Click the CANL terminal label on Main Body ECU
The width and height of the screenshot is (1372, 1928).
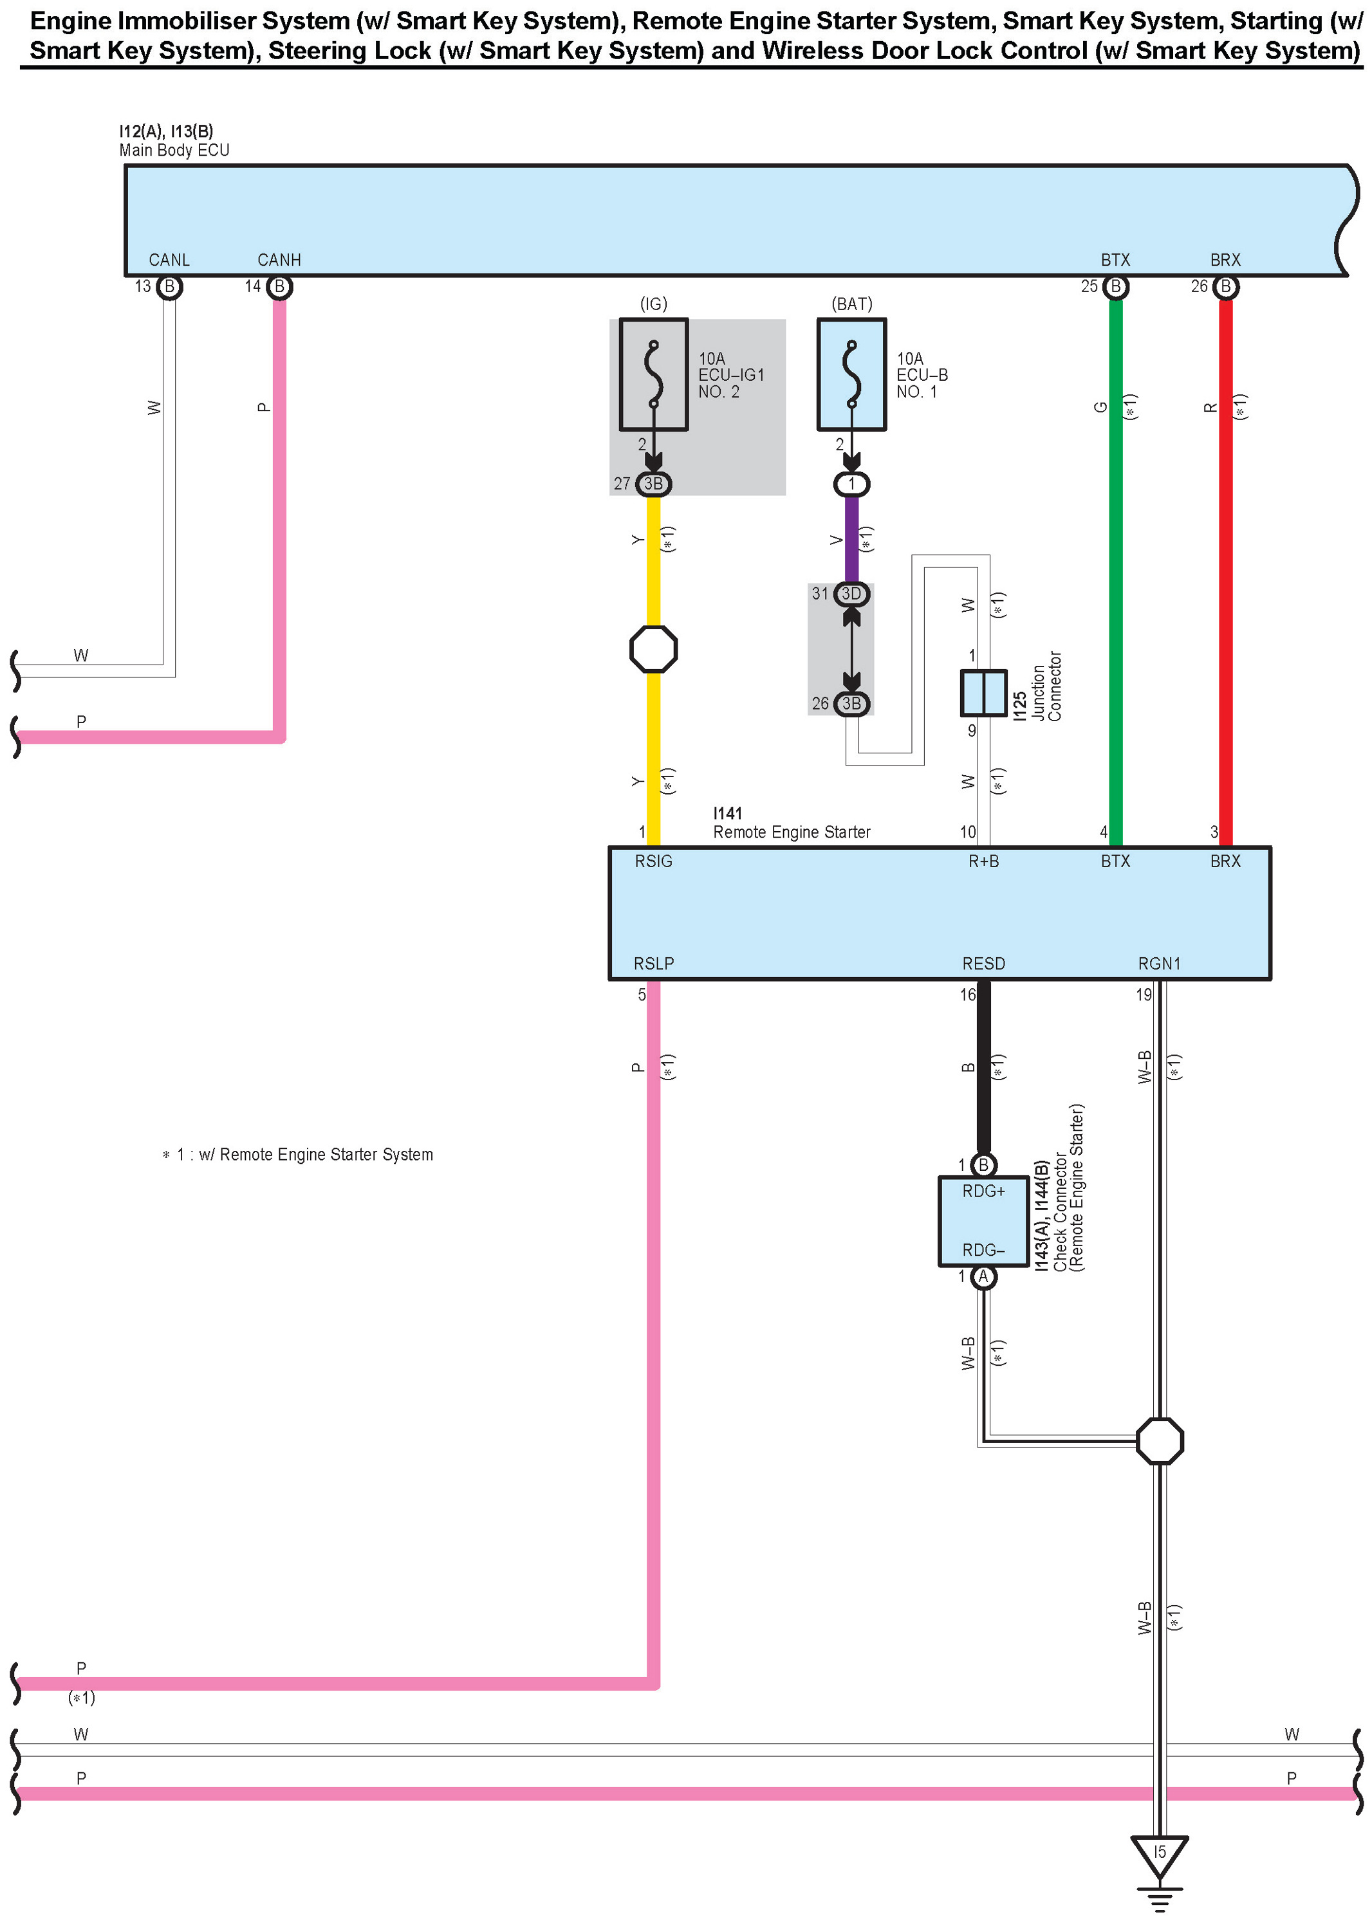(x=169, y=260)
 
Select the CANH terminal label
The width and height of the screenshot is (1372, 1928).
(x=279, y=260)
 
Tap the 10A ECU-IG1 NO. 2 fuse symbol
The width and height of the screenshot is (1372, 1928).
(x=653, y=374)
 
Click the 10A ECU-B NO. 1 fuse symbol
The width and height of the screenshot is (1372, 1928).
(x=851, y=374)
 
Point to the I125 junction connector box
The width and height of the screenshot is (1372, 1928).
(x=983, y=692)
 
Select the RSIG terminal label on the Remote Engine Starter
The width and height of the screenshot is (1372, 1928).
(x=653, y=861)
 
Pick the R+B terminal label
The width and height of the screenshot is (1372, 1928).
(x=983, y=861)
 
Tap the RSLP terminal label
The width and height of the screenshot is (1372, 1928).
(x=653, y=964)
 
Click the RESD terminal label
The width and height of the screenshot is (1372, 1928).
(x=983, y=964)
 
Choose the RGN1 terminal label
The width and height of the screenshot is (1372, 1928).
(x=1159, y=964)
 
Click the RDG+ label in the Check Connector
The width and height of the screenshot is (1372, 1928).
(x=983, y=1191)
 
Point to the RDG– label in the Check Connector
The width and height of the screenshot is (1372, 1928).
(x=983, y=1250)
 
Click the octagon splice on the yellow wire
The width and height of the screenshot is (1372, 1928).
(x=653, y=648)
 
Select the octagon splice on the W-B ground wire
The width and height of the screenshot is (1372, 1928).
(x=1159, y=1440)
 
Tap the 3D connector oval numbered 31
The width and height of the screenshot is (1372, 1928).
(x=851, y=594)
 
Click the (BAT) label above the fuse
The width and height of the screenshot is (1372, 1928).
(x=851, y=304)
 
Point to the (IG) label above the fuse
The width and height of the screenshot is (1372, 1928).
(x=653, y=304)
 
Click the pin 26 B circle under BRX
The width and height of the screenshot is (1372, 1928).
(x=1225, y=287)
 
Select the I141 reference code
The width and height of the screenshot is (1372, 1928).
(x=727, y=813)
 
